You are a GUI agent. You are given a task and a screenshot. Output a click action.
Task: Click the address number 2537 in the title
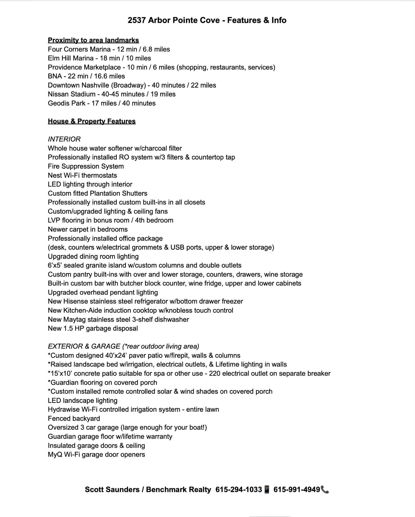(x=136, y=20)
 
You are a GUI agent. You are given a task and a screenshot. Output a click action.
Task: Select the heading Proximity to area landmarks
(x=93, y=40)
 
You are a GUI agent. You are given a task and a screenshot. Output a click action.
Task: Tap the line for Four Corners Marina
(x=109, y=49)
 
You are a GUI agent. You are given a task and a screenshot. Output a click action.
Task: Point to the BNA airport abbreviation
(x=55, y=76)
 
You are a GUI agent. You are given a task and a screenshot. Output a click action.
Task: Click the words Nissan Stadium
(x=72, y=94)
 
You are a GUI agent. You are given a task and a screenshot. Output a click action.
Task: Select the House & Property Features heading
(x=92, y=121)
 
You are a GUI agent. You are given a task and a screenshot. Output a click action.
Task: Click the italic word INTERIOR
(x=64, y=139)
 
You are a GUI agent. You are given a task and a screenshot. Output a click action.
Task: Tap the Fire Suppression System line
(x=86, y=166)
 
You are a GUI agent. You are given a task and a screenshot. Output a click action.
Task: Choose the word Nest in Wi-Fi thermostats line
(x=55, y=175)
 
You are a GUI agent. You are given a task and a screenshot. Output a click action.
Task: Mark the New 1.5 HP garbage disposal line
(x=93, y=328)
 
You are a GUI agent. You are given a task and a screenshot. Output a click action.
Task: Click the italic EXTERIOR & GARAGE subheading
(x=84, y=346)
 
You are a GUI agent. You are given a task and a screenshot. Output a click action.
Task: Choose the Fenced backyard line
(x=74, y=419)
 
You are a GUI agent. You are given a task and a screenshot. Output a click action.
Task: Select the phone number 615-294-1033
(x=239, y=490)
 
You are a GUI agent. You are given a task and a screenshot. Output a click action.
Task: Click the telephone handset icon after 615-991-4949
(x=325, y=490)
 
